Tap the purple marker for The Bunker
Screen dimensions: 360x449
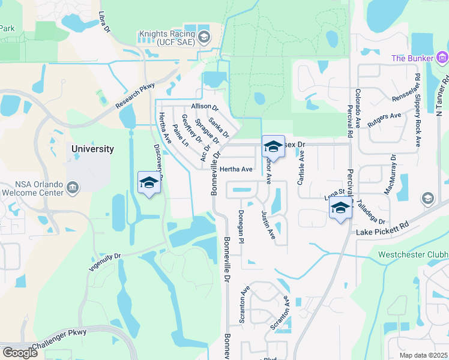point(443,58)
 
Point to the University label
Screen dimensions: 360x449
point(92,149)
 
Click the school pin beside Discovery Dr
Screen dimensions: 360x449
point(149,184)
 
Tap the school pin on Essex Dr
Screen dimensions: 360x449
point(273,146)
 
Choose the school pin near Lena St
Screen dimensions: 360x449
point(340,209)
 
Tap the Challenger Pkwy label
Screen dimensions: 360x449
point(60,338)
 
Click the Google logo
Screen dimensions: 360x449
point(20,353)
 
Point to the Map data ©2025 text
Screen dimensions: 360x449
point(424,355)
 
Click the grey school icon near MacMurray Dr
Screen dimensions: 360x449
point(427,199)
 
